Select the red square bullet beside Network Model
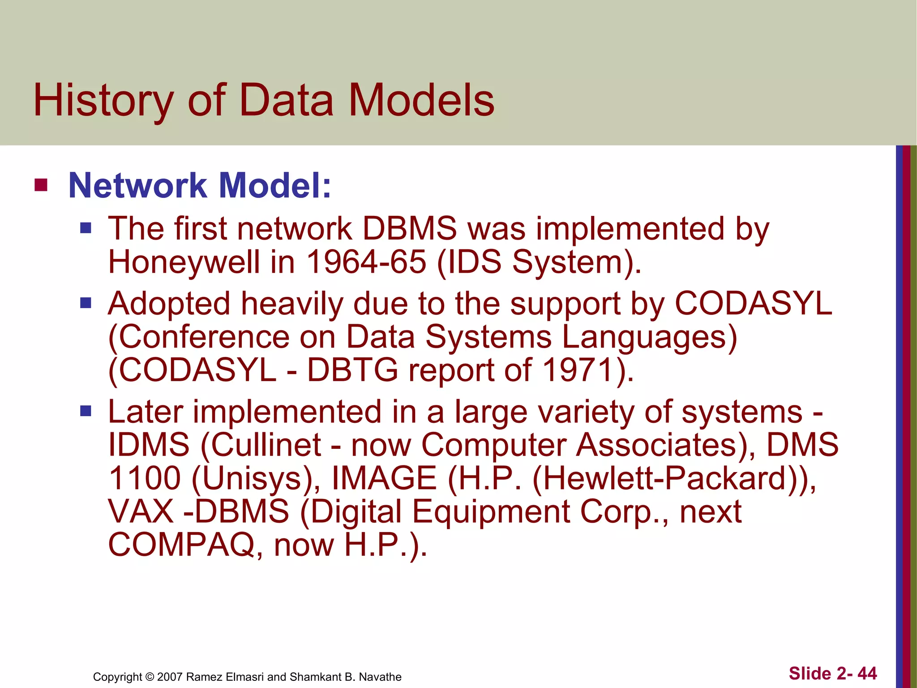click(41, 185)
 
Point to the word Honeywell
click(184, 262)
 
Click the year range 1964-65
click(366, 262)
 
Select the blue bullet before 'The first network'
click(86, 229)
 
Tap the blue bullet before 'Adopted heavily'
click(86, 304)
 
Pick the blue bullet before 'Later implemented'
click(86, 411)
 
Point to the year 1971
click(578, 370)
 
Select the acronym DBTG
click(352, 370)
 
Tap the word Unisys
click(253, 478)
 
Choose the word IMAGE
click(384, 478)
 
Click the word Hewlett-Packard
click(665, 478)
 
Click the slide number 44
click(867, 673)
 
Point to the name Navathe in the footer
click(380, 677)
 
